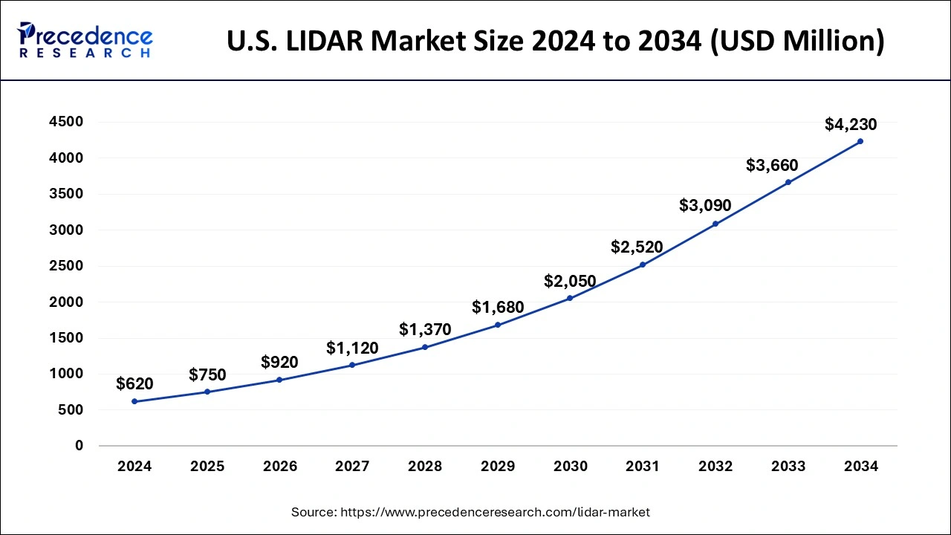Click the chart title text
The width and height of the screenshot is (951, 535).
556,41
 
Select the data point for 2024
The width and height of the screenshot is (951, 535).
134,401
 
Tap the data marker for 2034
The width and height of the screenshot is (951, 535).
860,141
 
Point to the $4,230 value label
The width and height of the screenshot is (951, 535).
851,125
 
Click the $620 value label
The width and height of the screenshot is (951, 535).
134,384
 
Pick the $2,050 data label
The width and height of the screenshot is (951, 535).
570,282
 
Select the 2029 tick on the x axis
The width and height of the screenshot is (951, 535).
498,467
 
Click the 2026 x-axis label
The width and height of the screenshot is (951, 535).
279,467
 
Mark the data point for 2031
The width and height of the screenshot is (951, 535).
643,265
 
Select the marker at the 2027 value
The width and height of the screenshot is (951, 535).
352,365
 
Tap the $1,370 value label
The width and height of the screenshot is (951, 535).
425,330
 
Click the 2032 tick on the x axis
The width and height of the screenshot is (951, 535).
715,467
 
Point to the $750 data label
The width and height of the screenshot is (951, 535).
207,374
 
